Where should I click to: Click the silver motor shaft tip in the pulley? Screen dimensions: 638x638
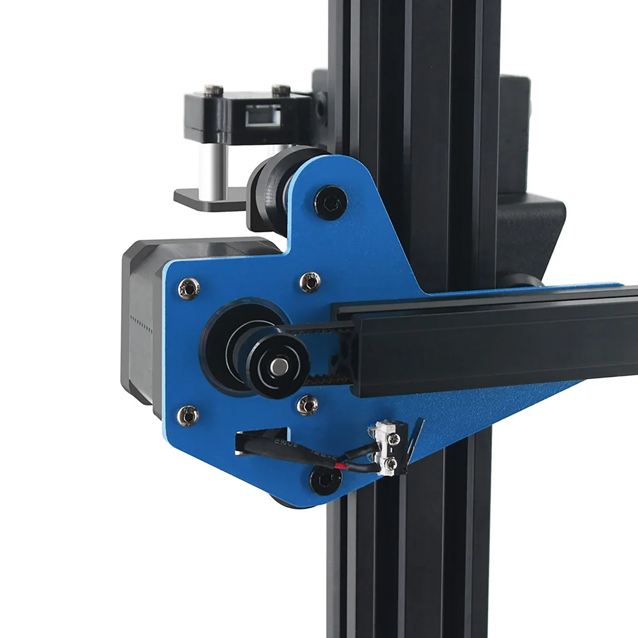coord(279,366)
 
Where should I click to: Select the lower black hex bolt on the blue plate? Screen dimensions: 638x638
coord(325,479)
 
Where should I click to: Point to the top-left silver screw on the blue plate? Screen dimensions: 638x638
coord(189,288)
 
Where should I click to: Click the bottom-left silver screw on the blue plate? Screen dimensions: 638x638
coord(188,416)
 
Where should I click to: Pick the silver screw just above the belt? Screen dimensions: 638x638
coord(310,281)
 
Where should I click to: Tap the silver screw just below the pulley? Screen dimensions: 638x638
coord(308,404)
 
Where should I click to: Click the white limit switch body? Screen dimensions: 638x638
coord(388,450)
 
